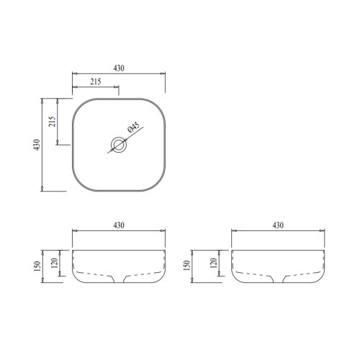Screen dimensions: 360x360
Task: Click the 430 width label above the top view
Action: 119,68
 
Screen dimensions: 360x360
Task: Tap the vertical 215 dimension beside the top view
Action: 52,120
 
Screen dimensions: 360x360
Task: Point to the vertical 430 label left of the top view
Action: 37,144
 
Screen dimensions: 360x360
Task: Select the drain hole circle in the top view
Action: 120,145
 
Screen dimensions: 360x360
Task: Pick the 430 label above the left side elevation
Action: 119,225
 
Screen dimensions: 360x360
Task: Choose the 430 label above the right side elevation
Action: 277,225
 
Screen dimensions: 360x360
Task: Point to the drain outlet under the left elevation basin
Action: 120,279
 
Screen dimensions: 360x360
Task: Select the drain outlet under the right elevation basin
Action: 278,279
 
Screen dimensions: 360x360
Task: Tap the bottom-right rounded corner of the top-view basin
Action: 160,185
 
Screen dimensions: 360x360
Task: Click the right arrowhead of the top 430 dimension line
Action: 163,73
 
